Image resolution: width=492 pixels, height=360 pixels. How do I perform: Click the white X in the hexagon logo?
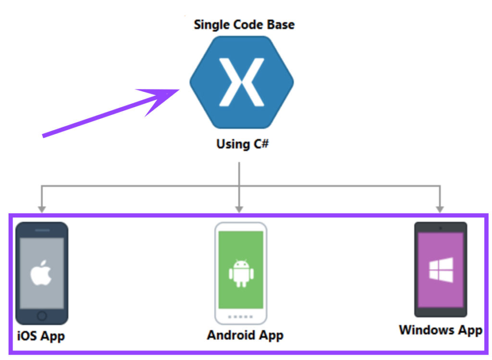[x=241, y=82]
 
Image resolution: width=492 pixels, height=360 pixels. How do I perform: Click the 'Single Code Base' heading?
[x=244, y=25]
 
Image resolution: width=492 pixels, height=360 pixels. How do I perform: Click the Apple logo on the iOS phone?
[x=42, y=274]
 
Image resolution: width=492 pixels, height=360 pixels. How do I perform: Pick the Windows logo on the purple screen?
[x=441, y=270]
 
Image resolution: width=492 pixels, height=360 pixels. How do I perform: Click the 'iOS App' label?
[x=41, y=336]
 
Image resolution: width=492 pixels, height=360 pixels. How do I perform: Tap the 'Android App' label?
[x=245, y=335]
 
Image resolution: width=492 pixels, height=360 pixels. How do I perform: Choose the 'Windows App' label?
[x=441, y=330]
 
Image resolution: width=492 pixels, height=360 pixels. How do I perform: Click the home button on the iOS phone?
[x=42, y=315]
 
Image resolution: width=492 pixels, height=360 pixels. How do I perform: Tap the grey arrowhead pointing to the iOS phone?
[x=42, y=209]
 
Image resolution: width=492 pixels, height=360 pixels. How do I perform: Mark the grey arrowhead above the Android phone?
[x=239, y=209]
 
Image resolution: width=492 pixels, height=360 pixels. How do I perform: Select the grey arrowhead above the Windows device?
[x=440, y=209]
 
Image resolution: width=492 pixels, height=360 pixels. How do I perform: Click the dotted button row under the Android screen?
[x=240, y=316]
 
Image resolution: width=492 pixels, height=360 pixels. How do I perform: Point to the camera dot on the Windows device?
[x=441, y=227]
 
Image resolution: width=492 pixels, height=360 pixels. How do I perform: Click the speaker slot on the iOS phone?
[x=42, y=230]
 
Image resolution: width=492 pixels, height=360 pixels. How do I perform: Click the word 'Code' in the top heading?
[x=248, y=25]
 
